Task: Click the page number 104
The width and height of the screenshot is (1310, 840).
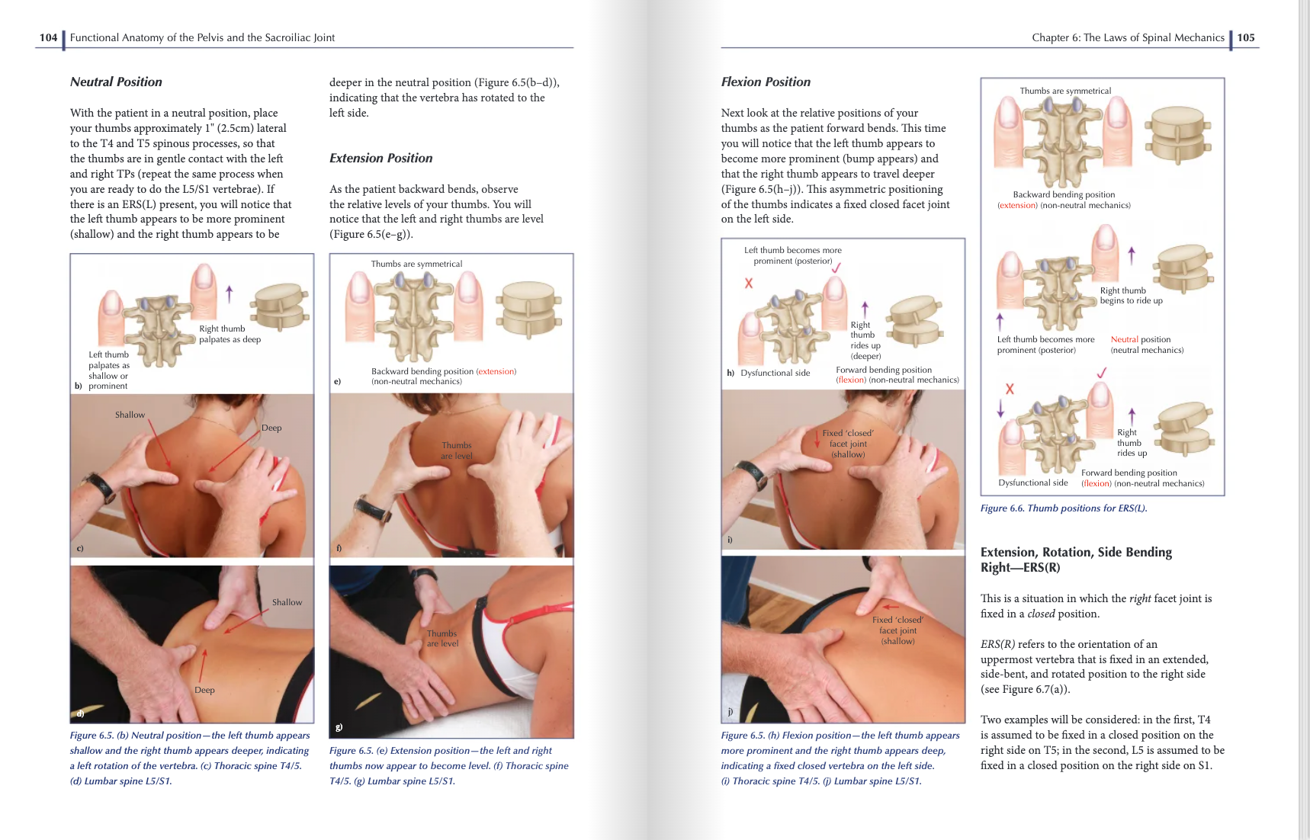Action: [x=48, y=37]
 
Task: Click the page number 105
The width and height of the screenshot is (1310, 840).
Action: [x=1246, y=37]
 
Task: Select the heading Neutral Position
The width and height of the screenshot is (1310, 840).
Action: [x=116, y=82]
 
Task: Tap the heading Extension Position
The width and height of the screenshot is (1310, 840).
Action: [x=380, y=158]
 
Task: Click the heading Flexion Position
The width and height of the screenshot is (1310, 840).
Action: [x=766, y=82]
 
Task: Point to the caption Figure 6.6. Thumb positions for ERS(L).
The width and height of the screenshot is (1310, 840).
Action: [x=1063, y=508]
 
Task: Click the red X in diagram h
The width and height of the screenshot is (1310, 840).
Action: [x=749, y=283]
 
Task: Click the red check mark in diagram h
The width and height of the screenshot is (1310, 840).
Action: [x=836, y=268]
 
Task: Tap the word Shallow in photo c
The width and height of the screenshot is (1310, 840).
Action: [x=130, y=415]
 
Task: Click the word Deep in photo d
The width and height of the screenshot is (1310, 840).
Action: [x=204, y=690]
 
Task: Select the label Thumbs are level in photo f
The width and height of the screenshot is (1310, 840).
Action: [x=456, y=450]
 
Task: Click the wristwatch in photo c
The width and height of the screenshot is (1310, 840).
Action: [x=101, y=484]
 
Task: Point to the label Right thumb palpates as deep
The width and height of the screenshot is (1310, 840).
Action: [x=229, y=334]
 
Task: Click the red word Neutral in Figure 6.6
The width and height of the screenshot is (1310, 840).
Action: [x=1124, y=340]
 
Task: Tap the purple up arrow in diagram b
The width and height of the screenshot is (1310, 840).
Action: [x=229, y=293]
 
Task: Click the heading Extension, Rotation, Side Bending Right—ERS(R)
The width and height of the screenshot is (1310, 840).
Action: [x=1075, y=559]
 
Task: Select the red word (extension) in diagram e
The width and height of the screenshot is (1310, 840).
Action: [x=496, y=371]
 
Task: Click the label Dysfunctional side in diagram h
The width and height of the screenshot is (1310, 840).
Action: [x=775, y=373]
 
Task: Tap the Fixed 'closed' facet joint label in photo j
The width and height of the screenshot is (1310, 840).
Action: [x=897, y=630]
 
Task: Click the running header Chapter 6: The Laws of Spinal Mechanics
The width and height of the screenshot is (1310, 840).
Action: [x=1127, y=37]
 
